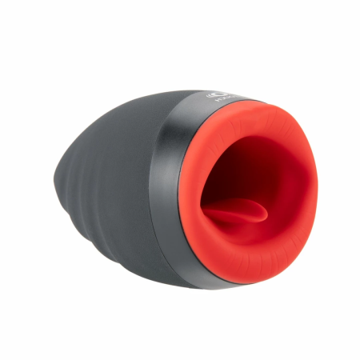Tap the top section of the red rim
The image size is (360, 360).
pos(256,112)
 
